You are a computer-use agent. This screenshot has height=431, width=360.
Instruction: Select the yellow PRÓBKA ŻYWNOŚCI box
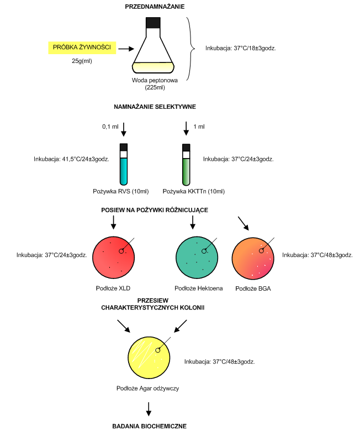[82, 48]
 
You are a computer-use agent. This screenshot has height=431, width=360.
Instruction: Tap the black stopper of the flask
[153, 23]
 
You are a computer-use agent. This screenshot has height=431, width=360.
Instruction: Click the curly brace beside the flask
[191, 50]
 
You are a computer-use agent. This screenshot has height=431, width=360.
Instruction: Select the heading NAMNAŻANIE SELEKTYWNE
[155, 107]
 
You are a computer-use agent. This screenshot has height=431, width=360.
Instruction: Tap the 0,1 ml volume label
[110, 127]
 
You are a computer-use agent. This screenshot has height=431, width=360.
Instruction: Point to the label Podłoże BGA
[253, 288]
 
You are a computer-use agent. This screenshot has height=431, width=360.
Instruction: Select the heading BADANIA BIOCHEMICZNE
[150, 426]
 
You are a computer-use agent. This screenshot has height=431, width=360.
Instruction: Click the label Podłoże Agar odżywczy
[147, 388]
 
